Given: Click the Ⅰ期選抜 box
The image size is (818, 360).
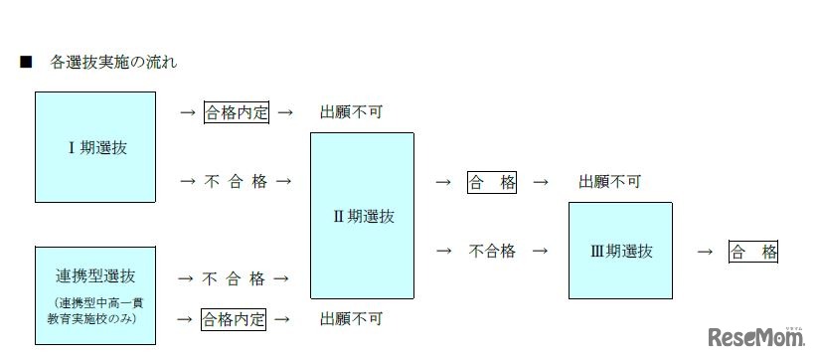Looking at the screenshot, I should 95,147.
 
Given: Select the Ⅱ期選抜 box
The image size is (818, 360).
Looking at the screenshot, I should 362,215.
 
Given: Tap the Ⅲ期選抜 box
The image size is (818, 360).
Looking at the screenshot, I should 620,251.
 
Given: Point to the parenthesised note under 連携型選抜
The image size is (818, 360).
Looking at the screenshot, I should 95,311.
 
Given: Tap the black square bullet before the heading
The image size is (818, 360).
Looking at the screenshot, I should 26,63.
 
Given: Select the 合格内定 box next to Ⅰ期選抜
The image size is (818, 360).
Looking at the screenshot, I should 237,112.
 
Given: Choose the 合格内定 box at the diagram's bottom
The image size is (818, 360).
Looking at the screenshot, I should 235,319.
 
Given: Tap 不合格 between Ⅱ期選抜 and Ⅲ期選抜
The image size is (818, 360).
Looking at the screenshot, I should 492,251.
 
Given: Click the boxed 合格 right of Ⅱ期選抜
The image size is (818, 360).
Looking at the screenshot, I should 492,182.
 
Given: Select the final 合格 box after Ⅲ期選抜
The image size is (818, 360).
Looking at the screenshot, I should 752,252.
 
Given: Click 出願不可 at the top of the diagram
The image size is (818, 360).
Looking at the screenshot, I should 351,112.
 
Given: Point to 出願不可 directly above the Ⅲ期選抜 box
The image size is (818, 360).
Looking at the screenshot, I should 609,182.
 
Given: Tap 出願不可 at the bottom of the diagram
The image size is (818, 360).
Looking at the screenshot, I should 351,319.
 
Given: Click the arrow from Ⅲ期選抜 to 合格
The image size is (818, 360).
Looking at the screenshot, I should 705,252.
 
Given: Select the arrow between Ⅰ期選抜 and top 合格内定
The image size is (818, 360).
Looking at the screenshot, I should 187,112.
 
